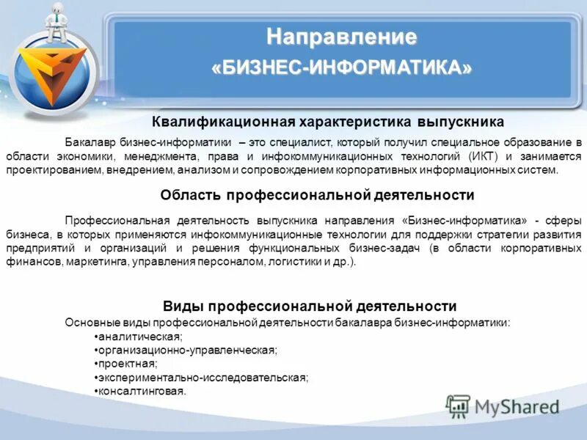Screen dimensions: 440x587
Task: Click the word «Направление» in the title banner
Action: point(341,36)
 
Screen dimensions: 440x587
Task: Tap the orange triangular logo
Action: point(51,76)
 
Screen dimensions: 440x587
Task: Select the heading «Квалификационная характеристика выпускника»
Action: point(328,122)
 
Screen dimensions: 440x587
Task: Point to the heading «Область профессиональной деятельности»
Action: point(317,195)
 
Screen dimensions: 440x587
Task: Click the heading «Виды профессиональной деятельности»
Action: point(309,306)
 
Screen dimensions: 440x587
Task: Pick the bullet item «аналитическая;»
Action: point(140,336)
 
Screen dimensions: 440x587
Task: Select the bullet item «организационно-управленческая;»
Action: point(188,350)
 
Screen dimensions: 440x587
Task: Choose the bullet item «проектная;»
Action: point(128,364)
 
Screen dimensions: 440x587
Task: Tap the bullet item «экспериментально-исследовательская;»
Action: point(203,378)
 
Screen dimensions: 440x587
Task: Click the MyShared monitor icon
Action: point(459,406)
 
